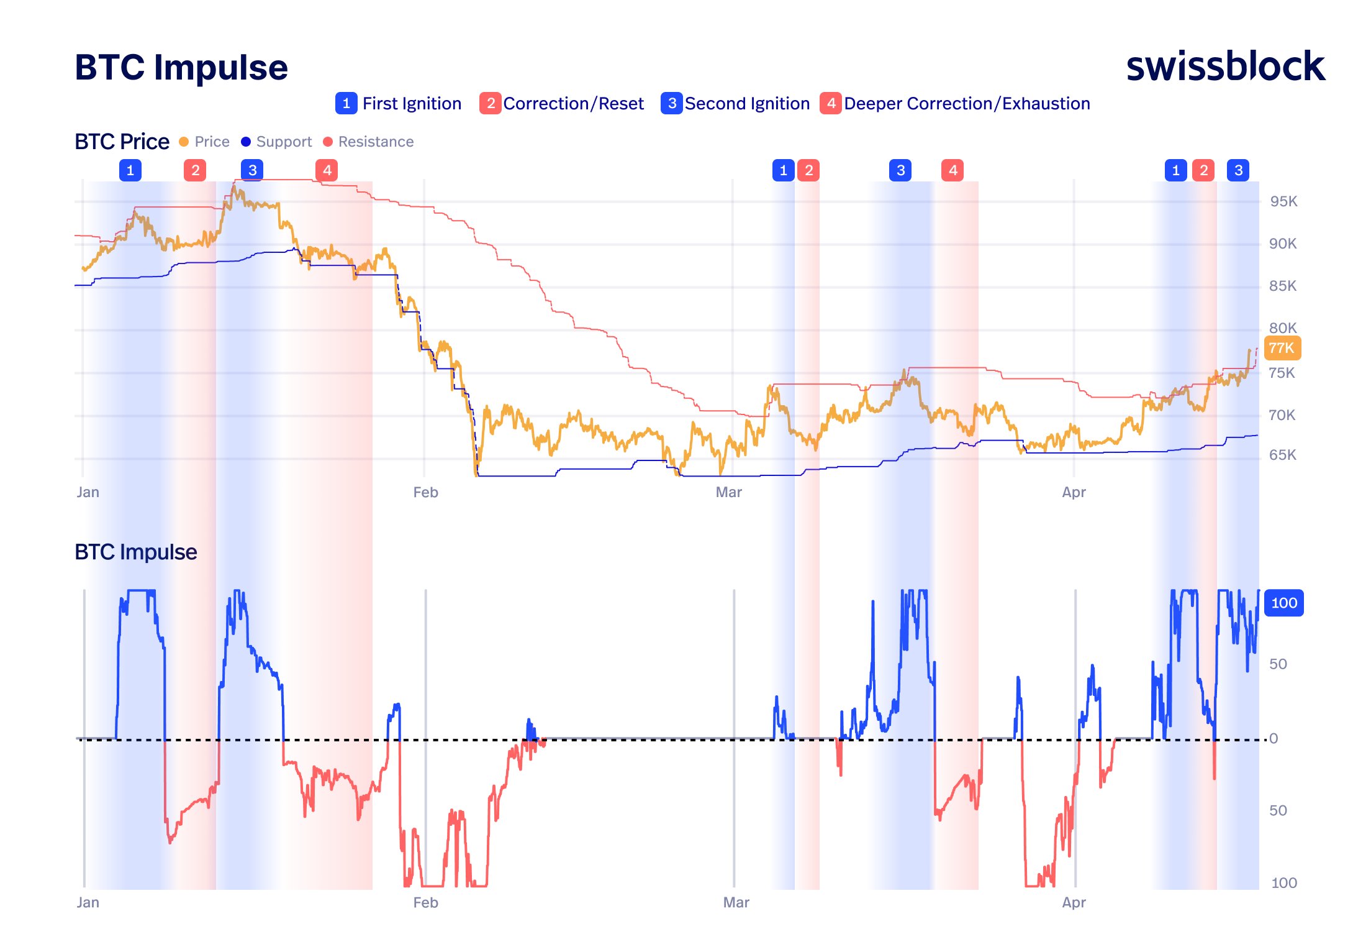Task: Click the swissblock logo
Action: tap(1224, 66)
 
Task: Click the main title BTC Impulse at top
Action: tap(181, 67)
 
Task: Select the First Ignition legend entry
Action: tap(399, 103)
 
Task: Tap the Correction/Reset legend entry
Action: tap(562, 103)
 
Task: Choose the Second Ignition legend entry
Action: tap(736, 103)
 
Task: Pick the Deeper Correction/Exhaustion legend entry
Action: tap(955, 103)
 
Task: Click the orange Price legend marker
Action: tap(184, 142)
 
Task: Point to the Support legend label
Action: tap(283, 142)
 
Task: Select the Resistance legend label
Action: tap(376, 142)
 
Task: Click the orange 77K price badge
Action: tap(1282, 348)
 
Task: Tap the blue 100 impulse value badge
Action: tap(1283, 603)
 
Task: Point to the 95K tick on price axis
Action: tap(1283, 201)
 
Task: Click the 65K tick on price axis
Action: tap(1282, 455)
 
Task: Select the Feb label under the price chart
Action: tap(425, 492)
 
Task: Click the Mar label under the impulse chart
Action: tap(736, 902)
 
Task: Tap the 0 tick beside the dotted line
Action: tap(1274, 738)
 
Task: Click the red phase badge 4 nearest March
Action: tap(952, 170)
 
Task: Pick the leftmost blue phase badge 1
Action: tap(130, 170)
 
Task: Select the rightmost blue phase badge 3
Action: tap(1238, 170)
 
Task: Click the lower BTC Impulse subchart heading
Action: tap(135, 552)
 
